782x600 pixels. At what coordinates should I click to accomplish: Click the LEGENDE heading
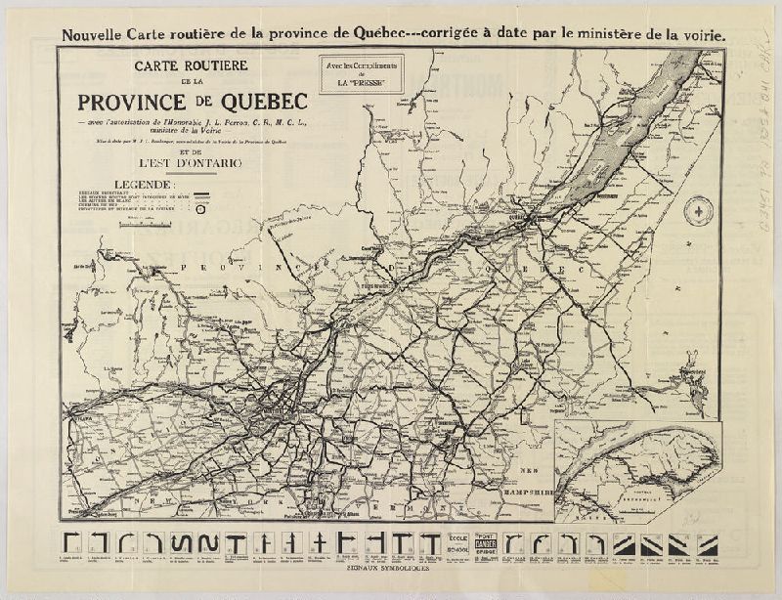(x=144, y=184)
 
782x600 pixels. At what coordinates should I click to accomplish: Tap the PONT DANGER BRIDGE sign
(x=488, y=544)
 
